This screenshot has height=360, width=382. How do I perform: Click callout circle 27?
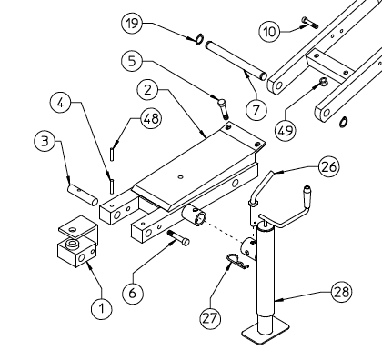[x=210, y=316]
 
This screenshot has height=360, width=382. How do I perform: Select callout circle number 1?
[x=103, y=307]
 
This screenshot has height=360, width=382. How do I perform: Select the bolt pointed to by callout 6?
[x=177, y=238]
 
